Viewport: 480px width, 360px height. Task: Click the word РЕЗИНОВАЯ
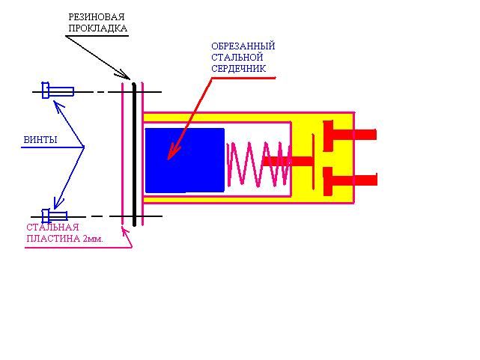[97, 16]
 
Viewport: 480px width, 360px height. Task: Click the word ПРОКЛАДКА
[97, 28]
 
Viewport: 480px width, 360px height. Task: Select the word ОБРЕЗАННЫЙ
[243, 46]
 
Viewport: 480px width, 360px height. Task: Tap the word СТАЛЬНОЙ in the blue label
[237, 57]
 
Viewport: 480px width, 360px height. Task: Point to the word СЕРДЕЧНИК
[238, 69]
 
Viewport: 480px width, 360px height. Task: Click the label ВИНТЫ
[40, 140]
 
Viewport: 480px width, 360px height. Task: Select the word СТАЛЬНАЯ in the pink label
[52, 228]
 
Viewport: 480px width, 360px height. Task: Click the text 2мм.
[92, 239]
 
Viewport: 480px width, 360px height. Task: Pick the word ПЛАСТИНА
[53, 239]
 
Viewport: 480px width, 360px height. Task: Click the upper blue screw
[58, 91]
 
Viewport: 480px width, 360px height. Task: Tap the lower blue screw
[55, 216]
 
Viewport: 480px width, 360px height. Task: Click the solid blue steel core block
[185, 160]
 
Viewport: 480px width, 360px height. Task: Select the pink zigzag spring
[258, 163]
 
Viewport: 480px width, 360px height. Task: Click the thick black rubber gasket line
[134, 154]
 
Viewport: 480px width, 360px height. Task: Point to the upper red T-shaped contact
[350, 135]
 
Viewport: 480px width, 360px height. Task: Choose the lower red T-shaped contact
[350, 180]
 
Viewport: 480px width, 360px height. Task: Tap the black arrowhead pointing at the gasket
[125, 75]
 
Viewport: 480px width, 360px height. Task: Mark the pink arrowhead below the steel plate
[126, 231]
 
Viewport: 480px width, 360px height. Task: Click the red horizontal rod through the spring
[288, 161]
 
